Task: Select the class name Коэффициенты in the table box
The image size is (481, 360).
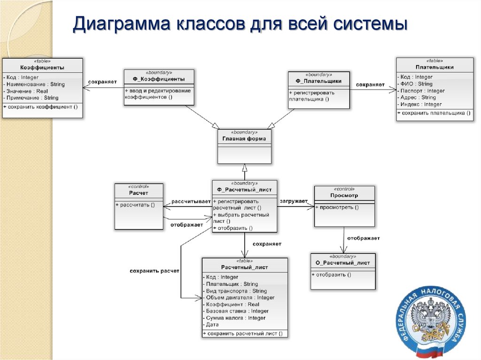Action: coord(42,68)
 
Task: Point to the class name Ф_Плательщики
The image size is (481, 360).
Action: coord(318,81)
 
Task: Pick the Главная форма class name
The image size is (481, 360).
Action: coord(244,138)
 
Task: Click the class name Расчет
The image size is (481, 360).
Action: coord(139,193)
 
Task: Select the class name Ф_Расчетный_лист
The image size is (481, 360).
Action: coord(244,190)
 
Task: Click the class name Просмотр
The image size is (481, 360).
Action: coord(344,195)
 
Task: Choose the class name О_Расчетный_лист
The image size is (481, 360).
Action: coord(343,263)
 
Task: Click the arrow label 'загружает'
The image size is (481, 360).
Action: coord(294,201)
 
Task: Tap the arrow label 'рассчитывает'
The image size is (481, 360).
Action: coord(191,201)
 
